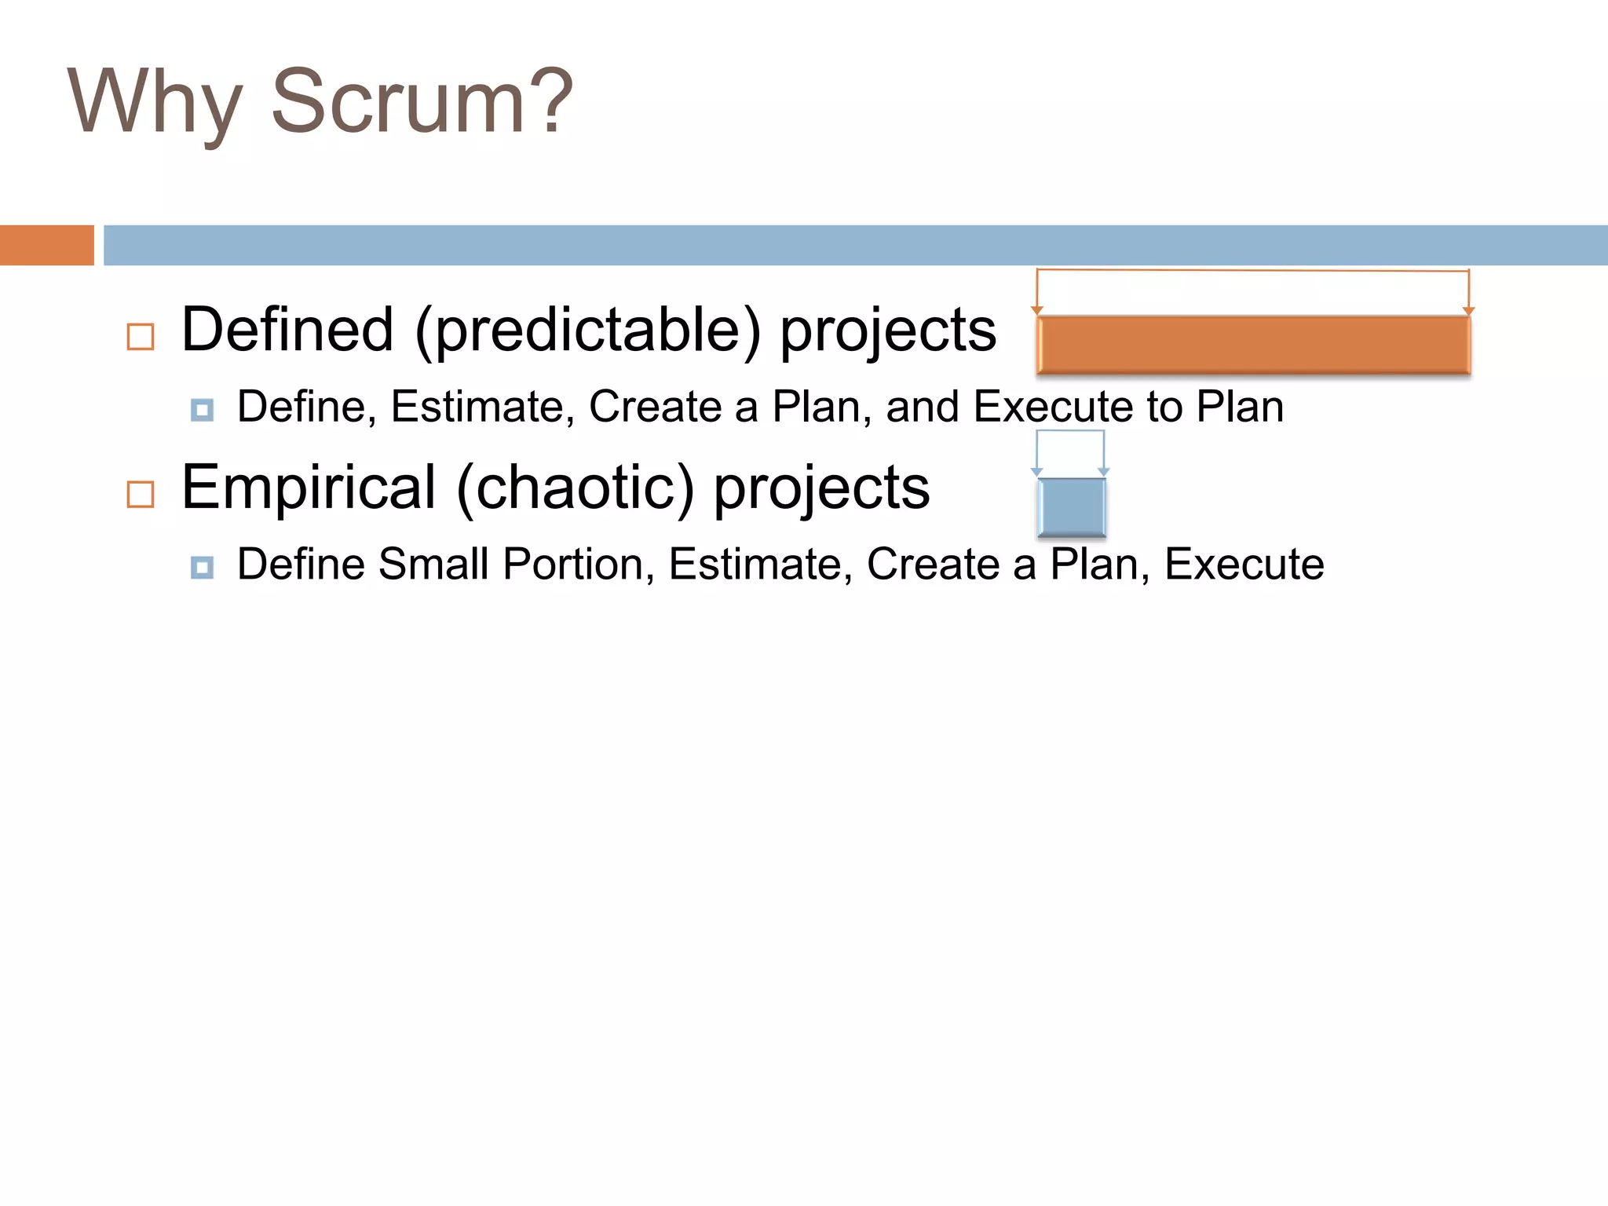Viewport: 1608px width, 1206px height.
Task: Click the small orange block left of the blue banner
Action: (x=46, y=245)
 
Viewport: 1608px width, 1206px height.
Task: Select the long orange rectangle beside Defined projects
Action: (x=1253, y=345)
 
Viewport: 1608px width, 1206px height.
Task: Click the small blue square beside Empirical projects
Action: (x=1071, y=506)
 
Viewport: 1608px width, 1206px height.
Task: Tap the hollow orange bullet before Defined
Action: (x=141, y=337)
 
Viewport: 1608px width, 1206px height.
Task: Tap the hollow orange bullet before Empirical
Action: (x=141, y=495)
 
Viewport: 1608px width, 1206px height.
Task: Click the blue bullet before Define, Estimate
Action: (x=203, y=410)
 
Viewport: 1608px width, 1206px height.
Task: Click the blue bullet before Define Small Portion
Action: (x=203, y=567)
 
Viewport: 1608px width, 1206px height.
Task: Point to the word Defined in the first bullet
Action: (x=287, y=330)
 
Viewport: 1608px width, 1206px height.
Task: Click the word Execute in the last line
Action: (x=1244, y=564)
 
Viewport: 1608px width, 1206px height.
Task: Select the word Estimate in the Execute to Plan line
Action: (x=482, y=407)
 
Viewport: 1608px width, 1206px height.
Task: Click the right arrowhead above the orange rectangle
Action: (x=1468, y=311)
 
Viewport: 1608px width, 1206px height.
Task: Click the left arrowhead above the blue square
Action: (x=1036, y=472)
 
